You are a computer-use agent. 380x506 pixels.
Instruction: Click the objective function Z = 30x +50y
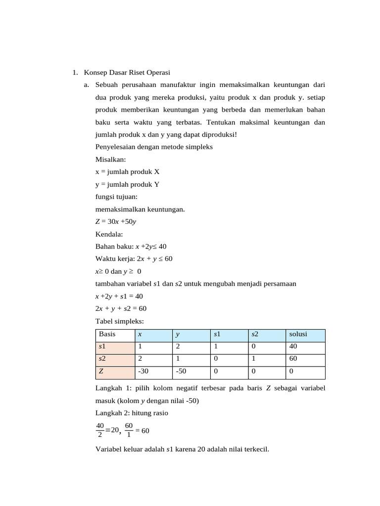click(x=116, y=221)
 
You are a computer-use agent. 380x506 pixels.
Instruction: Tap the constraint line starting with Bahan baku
click(x=134, y=246)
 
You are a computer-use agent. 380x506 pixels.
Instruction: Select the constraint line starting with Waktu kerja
click(x=134, y=258)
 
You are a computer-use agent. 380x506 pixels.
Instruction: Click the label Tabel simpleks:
click(x=116, y=321)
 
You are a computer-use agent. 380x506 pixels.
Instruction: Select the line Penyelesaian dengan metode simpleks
click(x=154, y=147)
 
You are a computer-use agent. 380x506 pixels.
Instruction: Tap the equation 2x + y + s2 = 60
click(x=121, y=308)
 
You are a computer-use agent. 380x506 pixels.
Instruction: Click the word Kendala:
click(x=109, y=234)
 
